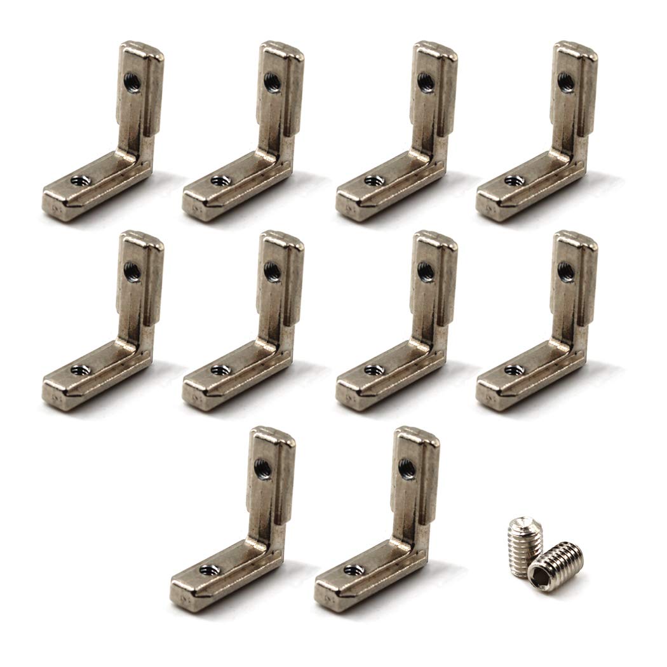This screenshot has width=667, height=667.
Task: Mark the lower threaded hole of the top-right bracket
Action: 514,181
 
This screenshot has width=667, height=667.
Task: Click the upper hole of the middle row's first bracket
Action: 133,272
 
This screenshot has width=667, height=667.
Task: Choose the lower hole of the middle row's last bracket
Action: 514,370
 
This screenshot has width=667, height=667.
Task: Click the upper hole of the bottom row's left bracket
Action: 263,469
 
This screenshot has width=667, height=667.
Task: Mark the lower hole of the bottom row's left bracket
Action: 208,570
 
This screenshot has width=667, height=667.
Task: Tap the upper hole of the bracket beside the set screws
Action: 407,469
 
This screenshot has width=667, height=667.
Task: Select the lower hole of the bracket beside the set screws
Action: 353,570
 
